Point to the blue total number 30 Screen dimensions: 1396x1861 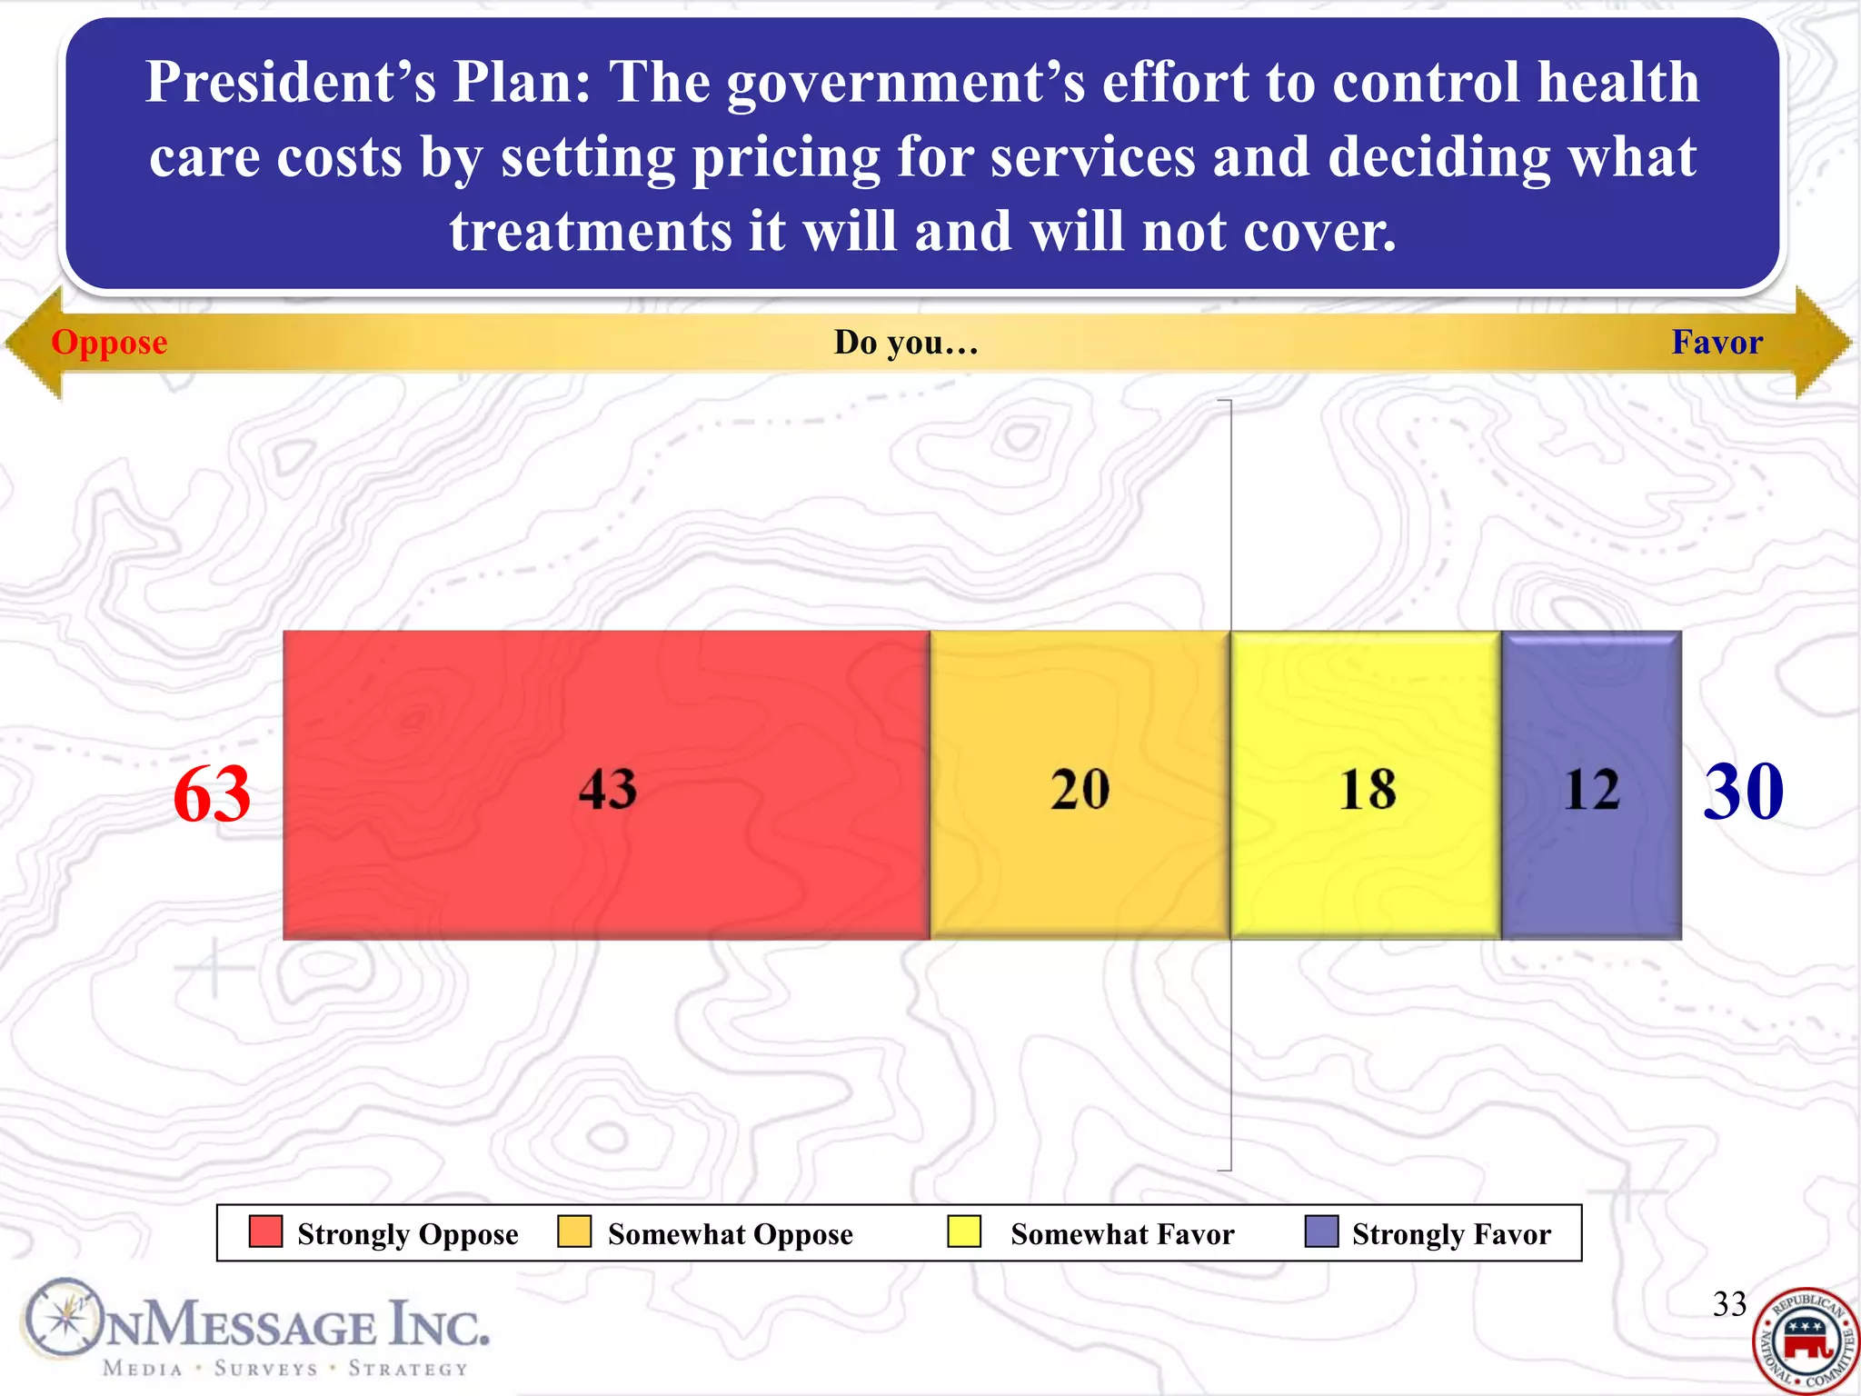tap(1743, 791)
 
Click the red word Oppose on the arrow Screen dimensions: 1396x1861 tap(109, 343)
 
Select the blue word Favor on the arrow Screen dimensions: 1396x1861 tap(1717, 342)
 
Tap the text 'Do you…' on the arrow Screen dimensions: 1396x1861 tap(906, 343)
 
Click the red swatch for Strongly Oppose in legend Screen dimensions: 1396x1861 tap(265, 1232)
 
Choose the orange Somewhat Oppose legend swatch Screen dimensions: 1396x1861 tap(574, 1232)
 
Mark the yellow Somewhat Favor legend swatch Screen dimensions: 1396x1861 tap(964, 1232)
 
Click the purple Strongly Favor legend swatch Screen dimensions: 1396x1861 tap(1321, 1232)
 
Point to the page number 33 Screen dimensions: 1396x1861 tap(1729, 1304)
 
